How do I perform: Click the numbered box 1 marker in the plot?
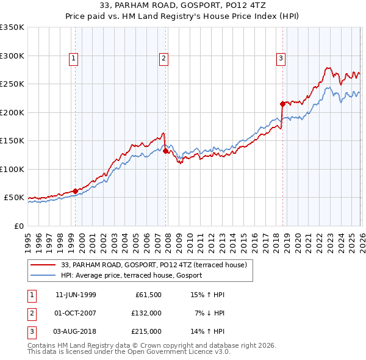pos(73,59)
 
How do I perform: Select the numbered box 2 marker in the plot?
pos(165,59)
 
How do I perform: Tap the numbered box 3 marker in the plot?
pos(281,59)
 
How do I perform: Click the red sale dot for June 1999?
pos(75,191)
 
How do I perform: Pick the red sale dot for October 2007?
pos(165,151)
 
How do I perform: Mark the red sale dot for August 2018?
pos(282,104)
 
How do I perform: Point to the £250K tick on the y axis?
pos(12,84)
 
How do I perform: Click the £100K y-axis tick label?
pos(12,169)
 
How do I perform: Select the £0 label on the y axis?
pos(18,226)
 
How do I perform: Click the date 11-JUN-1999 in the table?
pos(75,295)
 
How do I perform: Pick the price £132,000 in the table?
pos(146,313)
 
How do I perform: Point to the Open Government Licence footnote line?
pos(129,352)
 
